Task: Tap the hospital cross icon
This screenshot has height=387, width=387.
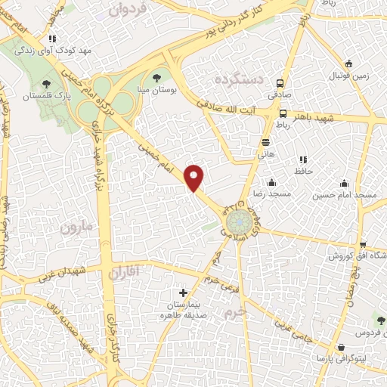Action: pos(182,292)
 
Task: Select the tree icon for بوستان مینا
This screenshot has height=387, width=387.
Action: pos(156,76)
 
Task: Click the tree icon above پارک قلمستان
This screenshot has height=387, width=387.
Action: pos(47,84)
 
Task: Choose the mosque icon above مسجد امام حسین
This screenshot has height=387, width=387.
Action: pos(345,183)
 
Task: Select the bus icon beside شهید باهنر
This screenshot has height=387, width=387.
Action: pos(282,114)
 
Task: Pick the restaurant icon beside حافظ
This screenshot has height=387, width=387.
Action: pos(303,159)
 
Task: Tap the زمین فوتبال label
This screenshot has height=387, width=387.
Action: pos(348,76)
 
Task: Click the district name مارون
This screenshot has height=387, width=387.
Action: pos(80,226)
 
